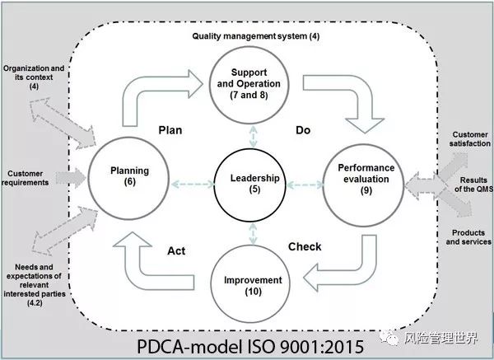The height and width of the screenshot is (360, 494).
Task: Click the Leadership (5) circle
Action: click(x=248, y=182)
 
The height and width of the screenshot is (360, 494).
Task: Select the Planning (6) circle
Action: click(x=130, y=175)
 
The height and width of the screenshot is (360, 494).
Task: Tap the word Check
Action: click(x=305, y=246)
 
